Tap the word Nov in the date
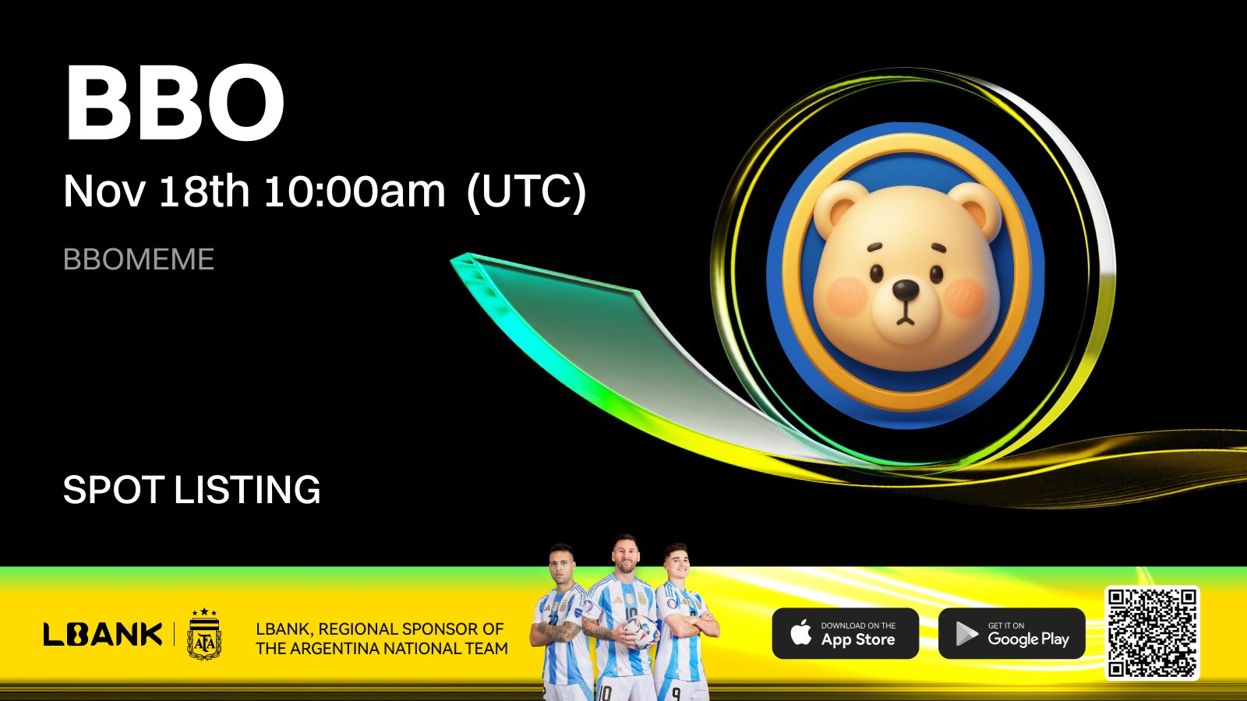pyautogui.click(x=104, y=191)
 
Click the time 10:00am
pyautogui.click(x=355, y=191)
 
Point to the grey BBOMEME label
pyautogui.click(x=139, y=259)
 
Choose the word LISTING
pyautogui.click(x=248, y=490)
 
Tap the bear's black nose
pyautogui.click(x=906, y=289)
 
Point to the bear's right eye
pyautogui.click(x=936, y=273)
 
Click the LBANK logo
pyautogui.click(x=103, y=634)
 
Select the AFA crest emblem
pyautogui.click(x=204, y=634)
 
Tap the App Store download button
pyautogui.click(x=845, y=634)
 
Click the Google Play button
pyautogui.click(x=1012, y=634)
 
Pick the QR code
pyautogui.click(x=1152, y=633)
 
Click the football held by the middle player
pyautogui.click(x=640, y=632)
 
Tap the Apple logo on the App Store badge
pyautogui.click(x=801, y=633)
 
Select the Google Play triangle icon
pyautogui.click(x=966, y=634)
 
